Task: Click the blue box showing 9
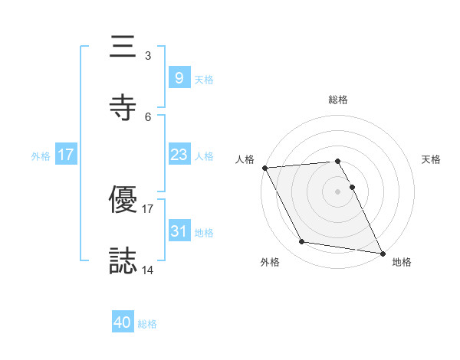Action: tap(179, 77)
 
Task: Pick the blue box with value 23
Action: tap(179, 155)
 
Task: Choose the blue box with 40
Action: tap(122, 323)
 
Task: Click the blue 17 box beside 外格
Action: tap(65, 155)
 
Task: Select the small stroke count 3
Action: tap(148, 56)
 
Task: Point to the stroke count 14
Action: tap(148, 270)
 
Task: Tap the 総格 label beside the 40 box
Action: tap(147, 324)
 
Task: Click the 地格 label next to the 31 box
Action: tap(204, 232)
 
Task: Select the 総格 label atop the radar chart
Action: tap(338, 100)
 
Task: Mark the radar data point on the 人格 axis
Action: tap(264, 168)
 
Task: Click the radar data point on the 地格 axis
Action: tap(382, 252)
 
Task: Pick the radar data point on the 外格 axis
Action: tap(302, 242)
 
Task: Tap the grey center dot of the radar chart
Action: tap(338, 191)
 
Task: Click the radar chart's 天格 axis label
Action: tap(431, 159)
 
